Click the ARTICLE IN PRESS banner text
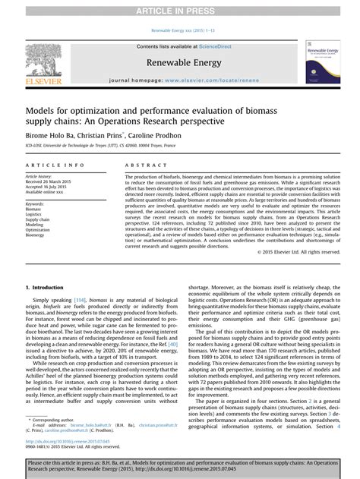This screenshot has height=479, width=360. (x=179, y=8)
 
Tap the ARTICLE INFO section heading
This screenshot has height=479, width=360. (x=55, y=165)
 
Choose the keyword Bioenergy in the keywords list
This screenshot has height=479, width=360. (x=36, y=235)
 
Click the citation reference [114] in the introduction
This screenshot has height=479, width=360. (x=80, y=279)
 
